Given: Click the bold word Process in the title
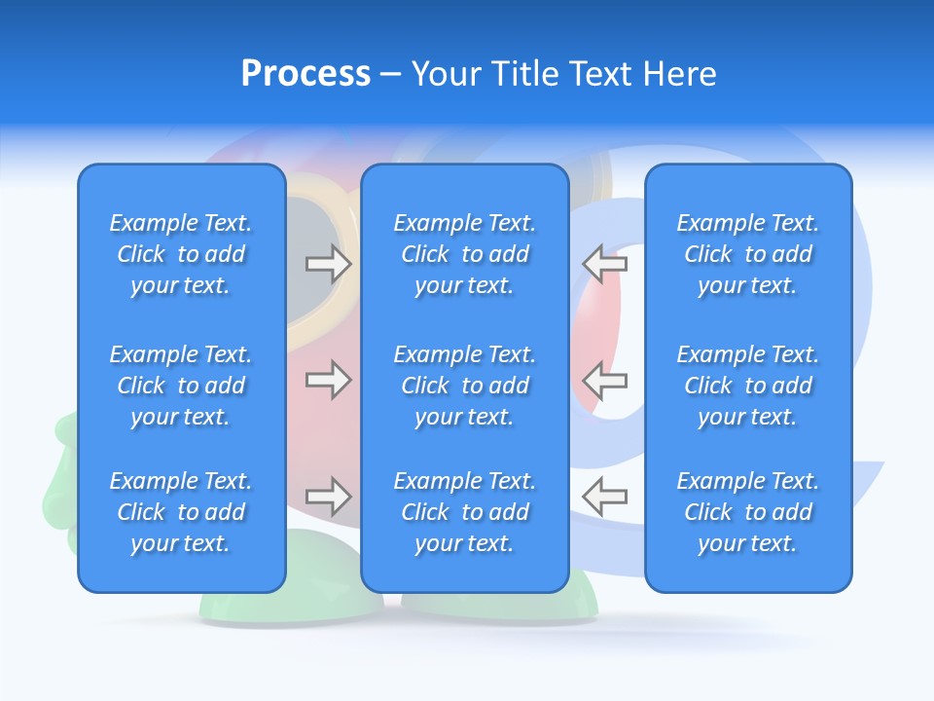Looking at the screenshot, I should coord(305,74).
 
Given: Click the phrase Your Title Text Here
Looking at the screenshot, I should coord(563,74).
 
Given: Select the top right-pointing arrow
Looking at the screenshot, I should coord(329,263).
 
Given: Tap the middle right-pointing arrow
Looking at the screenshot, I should coord(329,380).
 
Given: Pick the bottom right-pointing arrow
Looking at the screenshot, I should coord(329,497).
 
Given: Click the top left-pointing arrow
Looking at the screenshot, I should coord(604,263).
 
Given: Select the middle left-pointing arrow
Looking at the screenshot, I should coord(604,380).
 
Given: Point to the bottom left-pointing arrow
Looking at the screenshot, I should coord(604,497).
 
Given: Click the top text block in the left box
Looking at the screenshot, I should coord(181,254).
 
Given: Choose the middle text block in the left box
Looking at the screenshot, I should coord(181,386).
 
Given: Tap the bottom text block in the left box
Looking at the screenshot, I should coord(181,512).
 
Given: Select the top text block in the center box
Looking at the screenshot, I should coord(464,254).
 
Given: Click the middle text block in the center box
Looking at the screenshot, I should coord(464,386).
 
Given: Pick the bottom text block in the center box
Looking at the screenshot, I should coord(464,512).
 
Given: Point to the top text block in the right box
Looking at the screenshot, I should coord(747,254).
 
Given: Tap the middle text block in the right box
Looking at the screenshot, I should coord(747,386).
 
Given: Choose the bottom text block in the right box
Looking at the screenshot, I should coord(747,512).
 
